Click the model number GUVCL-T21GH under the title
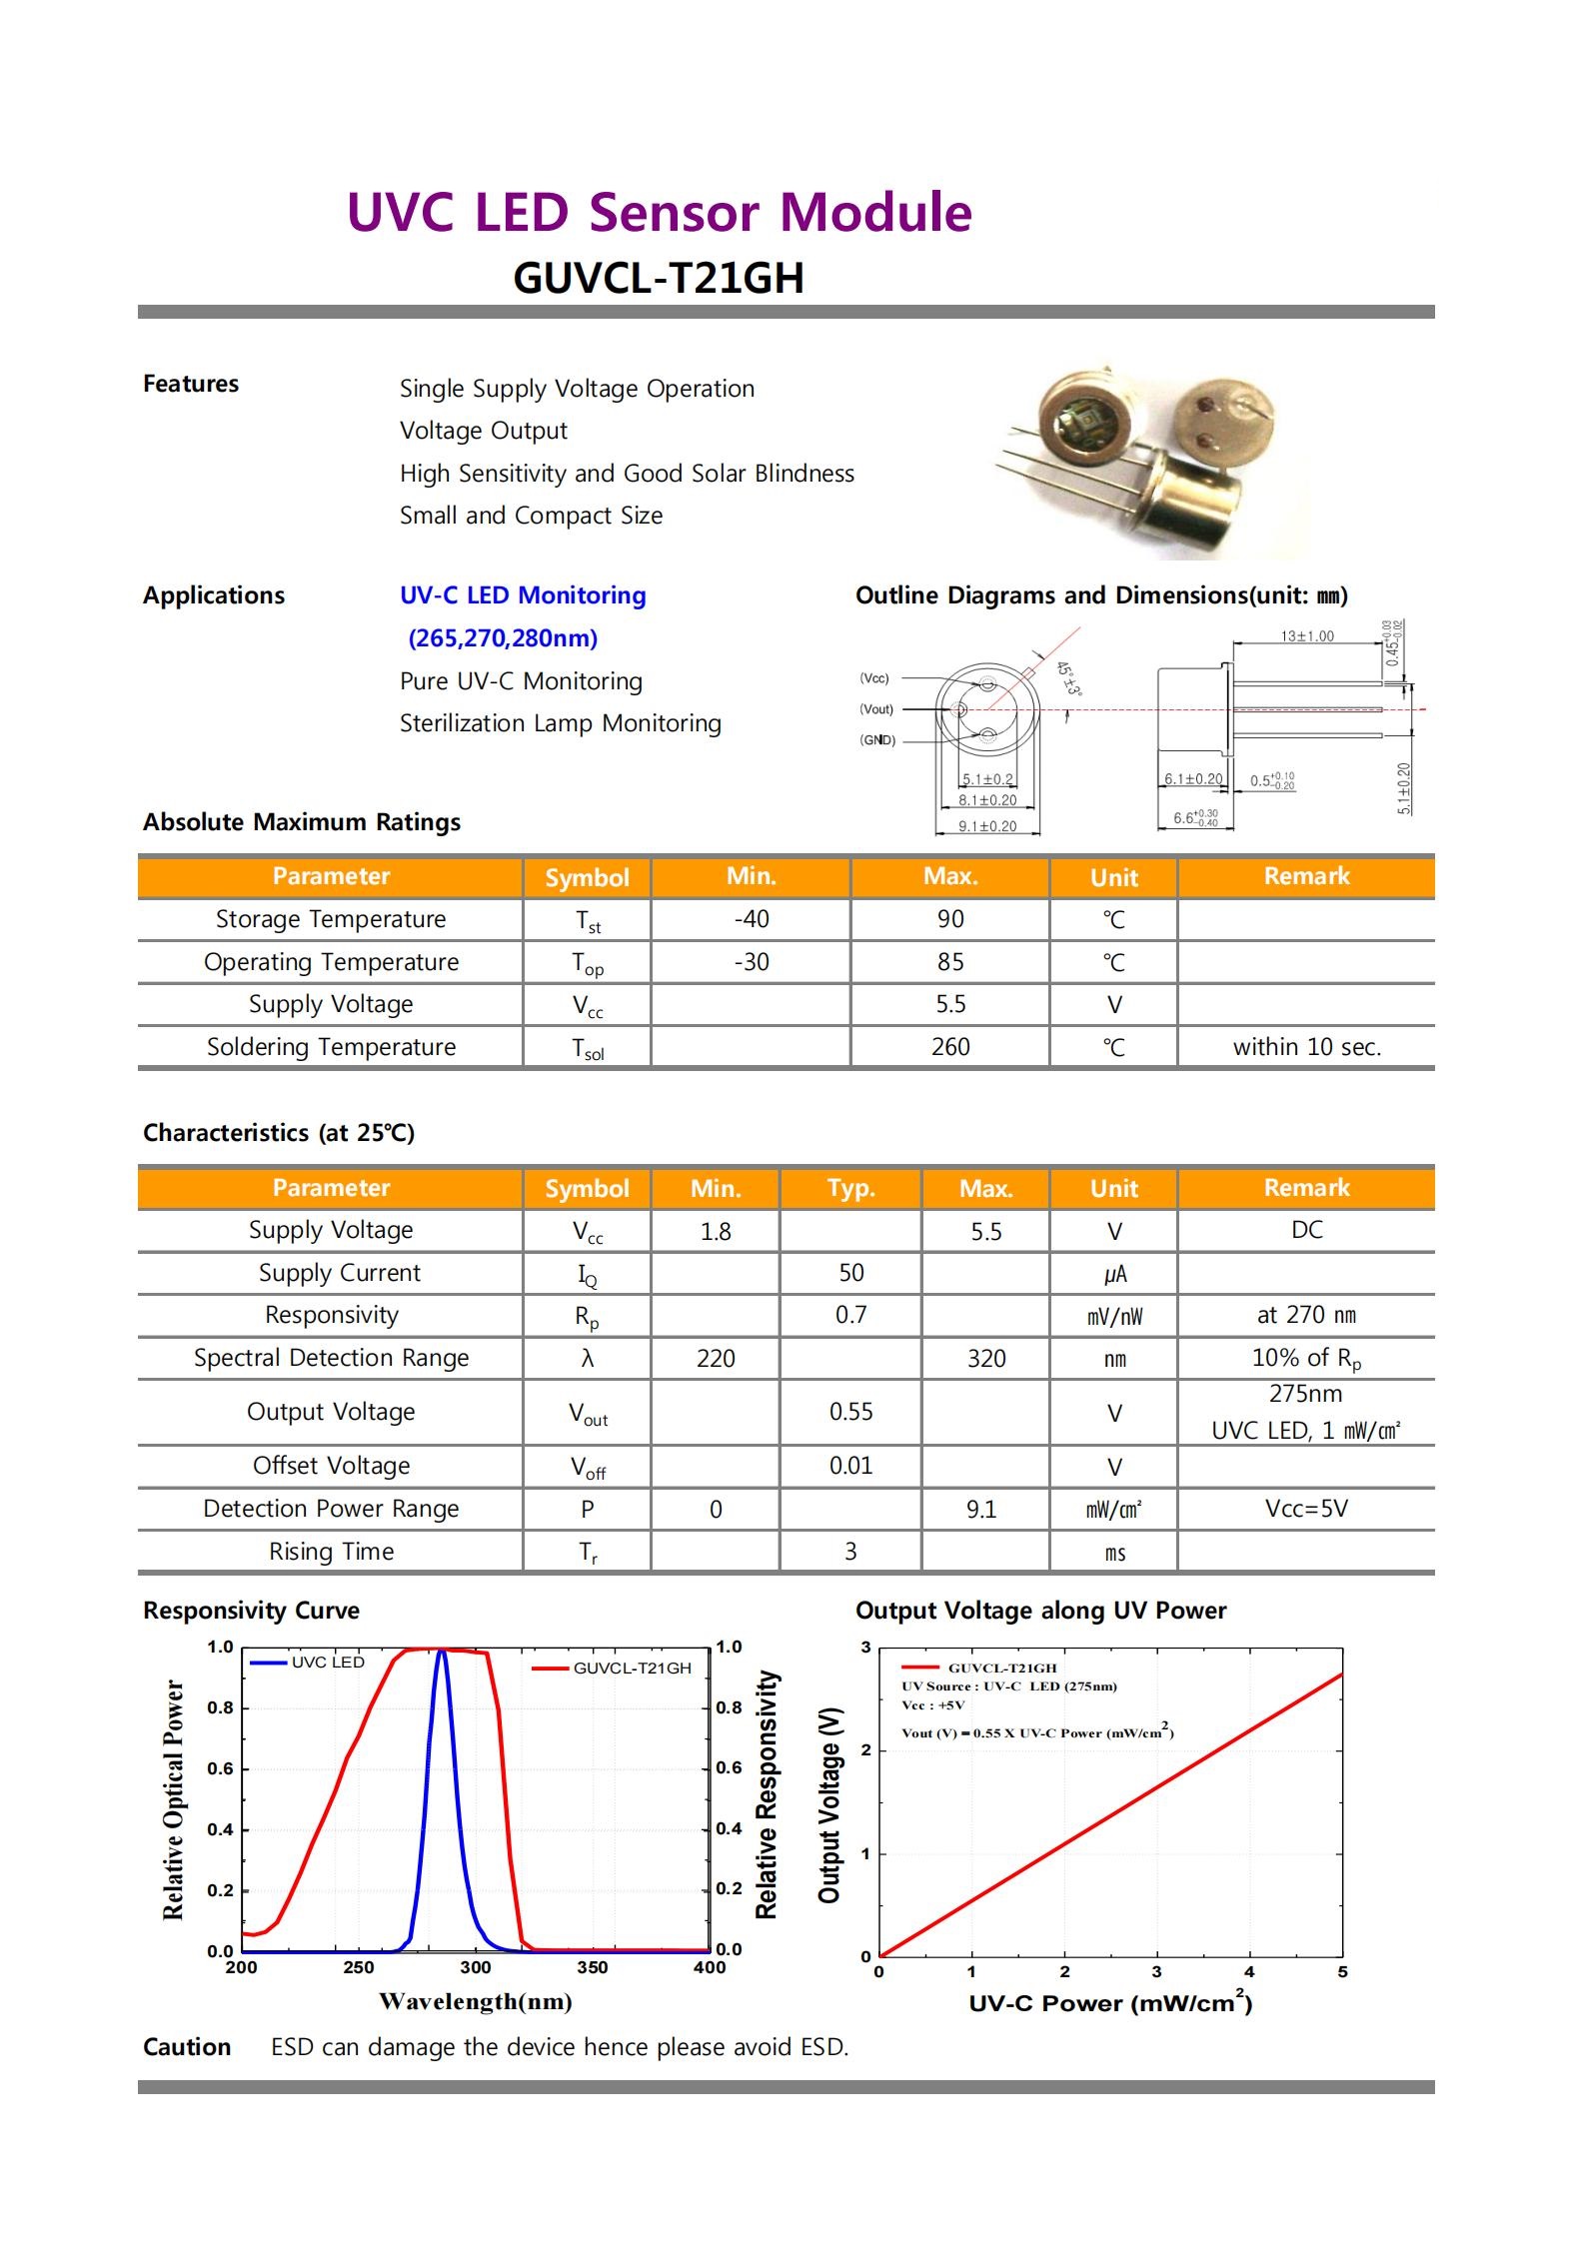[658, 279]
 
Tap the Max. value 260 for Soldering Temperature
[949, 1047]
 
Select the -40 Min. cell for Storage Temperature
[751, 919]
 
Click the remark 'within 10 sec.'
[1306, 1047]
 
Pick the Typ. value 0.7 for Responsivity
[850, 1315]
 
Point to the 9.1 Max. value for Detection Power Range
[981, 1509]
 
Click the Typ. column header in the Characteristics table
[850, 1188]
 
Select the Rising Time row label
[331, 1552]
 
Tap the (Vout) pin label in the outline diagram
[876, 709]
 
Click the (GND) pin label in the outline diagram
[877, 740]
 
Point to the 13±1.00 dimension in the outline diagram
[1306, 636]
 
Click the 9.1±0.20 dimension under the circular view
[986, 826]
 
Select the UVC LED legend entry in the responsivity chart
[327, 1662]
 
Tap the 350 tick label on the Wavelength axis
[593, 1967]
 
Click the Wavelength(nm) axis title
[475, 2001]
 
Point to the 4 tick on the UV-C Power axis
[1249, 1972]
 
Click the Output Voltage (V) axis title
[829, 1804]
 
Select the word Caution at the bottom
[187, 2047]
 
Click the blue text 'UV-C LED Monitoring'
[523, 595]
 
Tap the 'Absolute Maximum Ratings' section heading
[302, 822]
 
